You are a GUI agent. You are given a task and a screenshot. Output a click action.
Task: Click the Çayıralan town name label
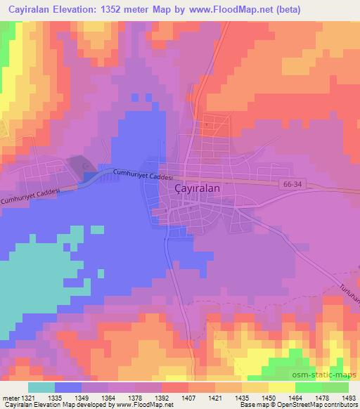(x=198, y=189)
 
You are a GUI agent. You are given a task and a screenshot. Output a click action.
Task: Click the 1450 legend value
(x=269, y=398)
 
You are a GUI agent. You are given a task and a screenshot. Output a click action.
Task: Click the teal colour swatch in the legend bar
(x=41, y=387)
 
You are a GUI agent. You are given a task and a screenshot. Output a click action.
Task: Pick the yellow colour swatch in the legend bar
(x=281, y=387)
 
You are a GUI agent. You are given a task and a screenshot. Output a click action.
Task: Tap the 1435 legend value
(x=243, y=398)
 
